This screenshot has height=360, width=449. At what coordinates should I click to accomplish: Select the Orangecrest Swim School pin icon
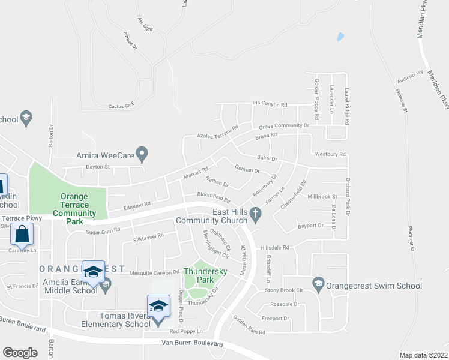coord(318,283)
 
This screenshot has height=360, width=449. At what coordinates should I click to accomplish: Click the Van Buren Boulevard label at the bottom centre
coord(193,344)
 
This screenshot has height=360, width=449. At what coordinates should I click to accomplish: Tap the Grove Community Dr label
coord(283,126)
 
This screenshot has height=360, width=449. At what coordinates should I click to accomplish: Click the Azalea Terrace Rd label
coord(218,131)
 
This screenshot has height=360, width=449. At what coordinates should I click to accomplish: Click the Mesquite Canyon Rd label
coord(155,272)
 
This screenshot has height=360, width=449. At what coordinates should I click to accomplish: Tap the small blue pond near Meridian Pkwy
coord(340,37)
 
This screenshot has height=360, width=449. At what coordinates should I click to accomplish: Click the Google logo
coord(20,353)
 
